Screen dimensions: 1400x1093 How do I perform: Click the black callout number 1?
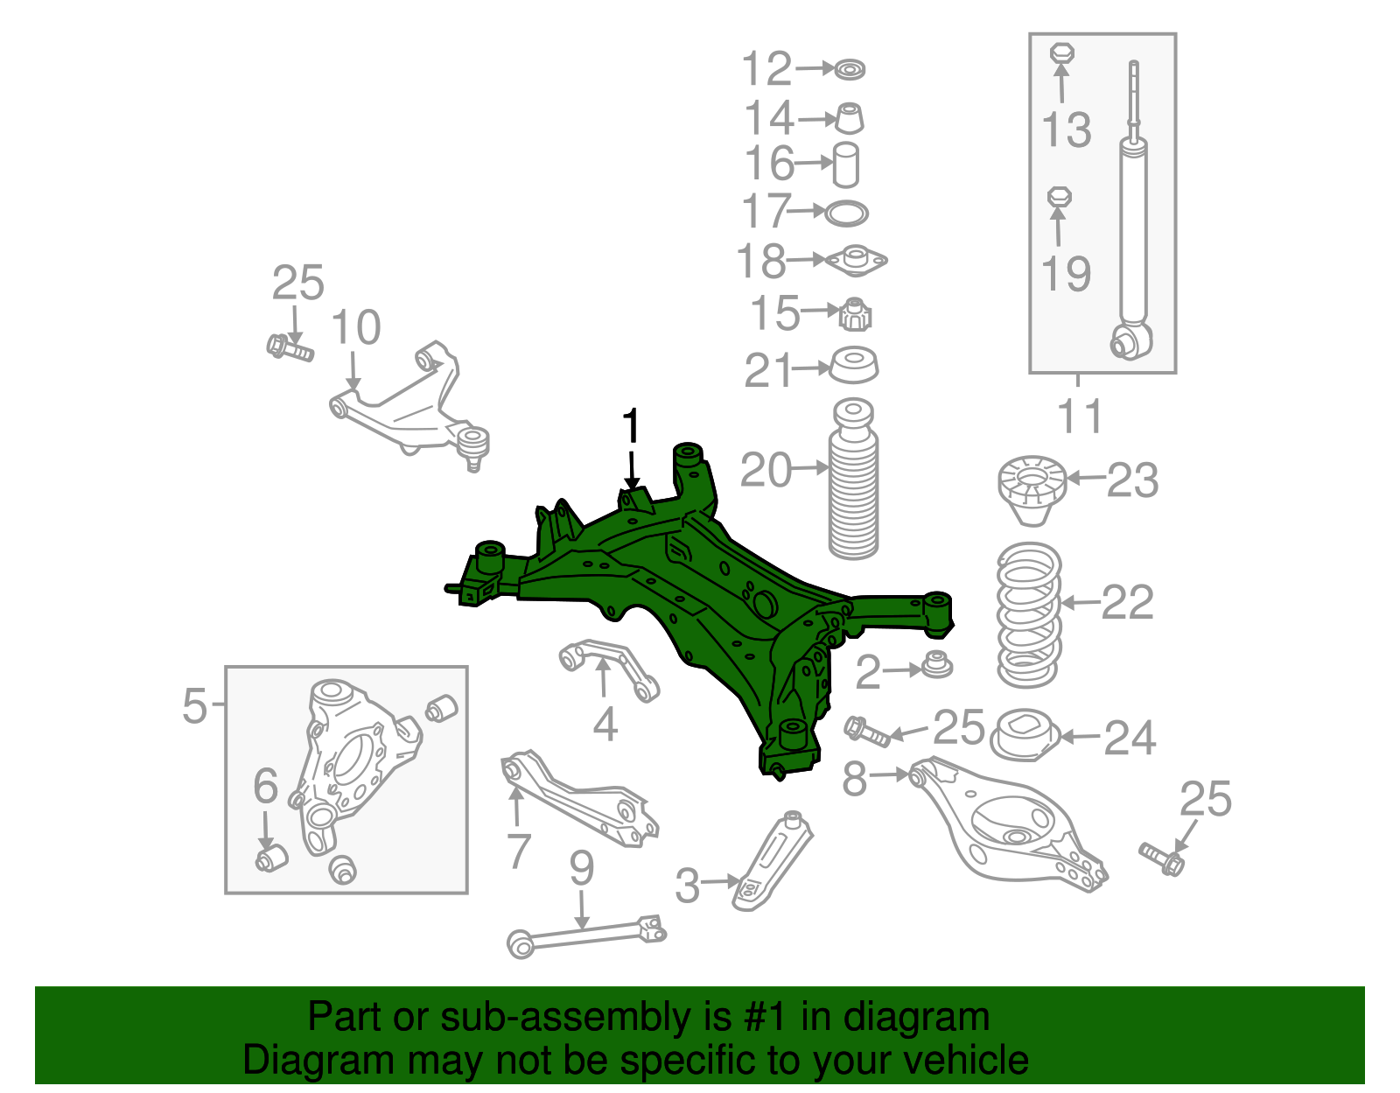[x=632, y=425]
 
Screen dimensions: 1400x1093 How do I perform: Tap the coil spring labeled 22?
[x=1029, y=616]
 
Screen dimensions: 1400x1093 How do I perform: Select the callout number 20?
[x=766, y=470]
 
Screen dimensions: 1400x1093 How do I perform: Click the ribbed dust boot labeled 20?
[x=853, y=480]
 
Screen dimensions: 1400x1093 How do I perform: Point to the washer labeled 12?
[x=850, y=69]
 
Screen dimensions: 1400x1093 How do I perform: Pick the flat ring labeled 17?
[x=847, y=214]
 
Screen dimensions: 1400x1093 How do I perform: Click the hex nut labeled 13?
[x=1061, y=53]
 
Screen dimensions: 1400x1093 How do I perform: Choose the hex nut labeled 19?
[x=1059, y=196]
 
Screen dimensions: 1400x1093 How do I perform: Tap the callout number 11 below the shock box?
[x=1081, y=416]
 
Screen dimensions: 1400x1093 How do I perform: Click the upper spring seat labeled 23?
[x=1032, y=490]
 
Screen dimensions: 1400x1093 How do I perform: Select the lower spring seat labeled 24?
[x=1025, y=735]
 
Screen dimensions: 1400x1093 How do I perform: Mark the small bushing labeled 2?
[x=937, y=665]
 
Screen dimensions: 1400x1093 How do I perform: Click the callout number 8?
[x=855, y=777]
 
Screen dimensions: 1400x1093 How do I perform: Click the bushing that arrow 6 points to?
[x=271, y=858]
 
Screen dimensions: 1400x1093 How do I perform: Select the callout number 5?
[x=194, y=705]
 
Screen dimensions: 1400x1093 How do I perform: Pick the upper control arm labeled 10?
[x=409, y=406]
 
